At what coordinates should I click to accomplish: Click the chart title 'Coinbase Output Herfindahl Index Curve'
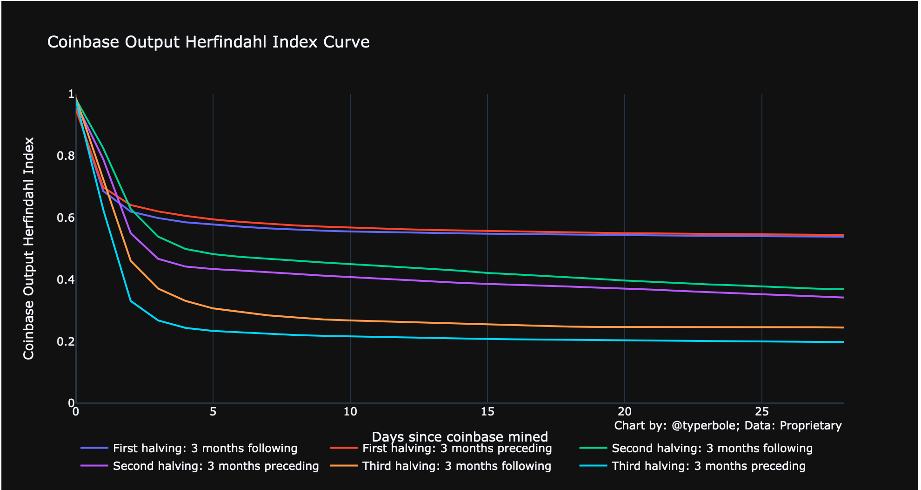208,42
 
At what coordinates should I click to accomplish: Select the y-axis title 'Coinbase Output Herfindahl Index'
29,248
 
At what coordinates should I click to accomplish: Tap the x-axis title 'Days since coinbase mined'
460,437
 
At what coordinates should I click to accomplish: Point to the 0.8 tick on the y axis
66,156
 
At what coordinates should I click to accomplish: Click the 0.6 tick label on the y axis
66,218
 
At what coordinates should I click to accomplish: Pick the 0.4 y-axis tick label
66,280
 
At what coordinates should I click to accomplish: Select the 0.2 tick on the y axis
66,342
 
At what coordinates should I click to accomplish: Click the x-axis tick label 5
213,412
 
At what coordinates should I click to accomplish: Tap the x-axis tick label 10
350,412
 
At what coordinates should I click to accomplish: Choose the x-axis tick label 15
487,412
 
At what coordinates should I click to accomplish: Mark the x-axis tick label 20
625,412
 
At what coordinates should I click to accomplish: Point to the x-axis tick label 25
762,412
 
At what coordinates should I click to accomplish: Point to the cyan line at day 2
131,301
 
